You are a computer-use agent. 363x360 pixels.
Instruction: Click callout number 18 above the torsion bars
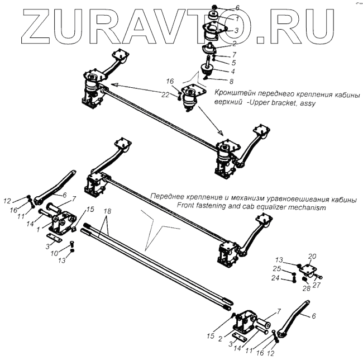point(108,212)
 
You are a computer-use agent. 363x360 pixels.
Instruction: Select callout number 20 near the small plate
point(312,257)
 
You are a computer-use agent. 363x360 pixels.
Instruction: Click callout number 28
point(306,288)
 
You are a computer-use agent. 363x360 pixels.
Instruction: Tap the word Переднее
point(170,198)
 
